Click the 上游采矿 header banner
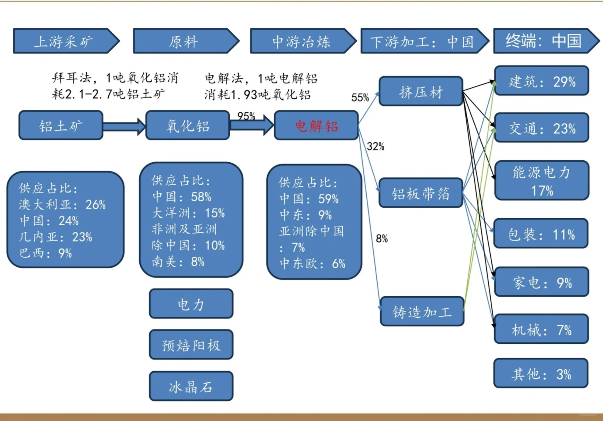pyautogui.click(x=64, y=41)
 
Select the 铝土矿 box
pyautogui.click(x=61, y=126)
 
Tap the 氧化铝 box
pyautogui.click(x=188, y=126)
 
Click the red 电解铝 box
pyautogui.click(x=316, y=126)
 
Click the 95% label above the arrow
pyautogui.click(x=246, y=116)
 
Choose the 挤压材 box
pyautogui.click(x=421, y=92)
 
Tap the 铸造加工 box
pyautogui.click(x=422, y=311)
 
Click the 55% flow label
pyautogui.click(x=360, y=97)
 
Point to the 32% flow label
pyautogui.click(x=376, y=147)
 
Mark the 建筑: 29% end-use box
pyautogui.click(x=541, y=81)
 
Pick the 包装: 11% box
pyautogui.click(x=541, y=234)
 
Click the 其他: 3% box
pyautogui.click(x=541, y=373)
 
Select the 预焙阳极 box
pyautogui.click(x=191, y=345)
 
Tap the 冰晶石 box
pyautogui.click(x=191, y=386)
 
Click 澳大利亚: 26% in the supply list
pyautogui.click(x=62, y=205)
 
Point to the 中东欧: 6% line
pyautogui.click(x=312, y=264)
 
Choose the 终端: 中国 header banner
pyautogui.click(x=544, y=41)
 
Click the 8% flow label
pyautogui.click(x=382, y=239)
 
